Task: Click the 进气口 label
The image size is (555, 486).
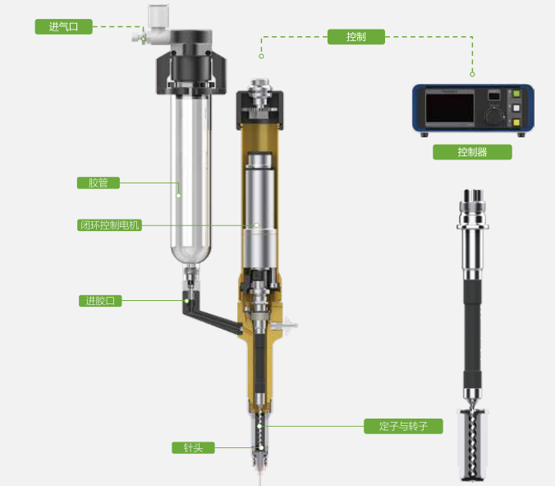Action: click(64, 26)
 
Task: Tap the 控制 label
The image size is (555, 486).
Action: click(356, 37)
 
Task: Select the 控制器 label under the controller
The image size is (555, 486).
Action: click(472, 152)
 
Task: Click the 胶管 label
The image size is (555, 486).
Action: click(99, 183)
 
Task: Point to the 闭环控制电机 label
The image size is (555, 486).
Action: click(109, 225)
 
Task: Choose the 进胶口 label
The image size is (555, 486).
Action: click(100, 301)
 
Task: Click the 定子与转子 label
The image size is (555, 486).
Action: click(403, 426)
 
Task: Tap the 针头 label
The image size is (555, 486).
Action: click(193, 447)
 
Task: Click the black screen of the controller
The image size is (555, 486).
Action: click(450, 108)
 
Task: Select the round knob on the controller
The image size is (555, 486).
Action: click(494, 116)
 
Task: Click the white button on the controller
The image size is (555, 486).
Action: click(516, 108)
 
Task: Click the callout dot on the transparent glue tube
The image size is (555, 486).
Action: click(178, 196)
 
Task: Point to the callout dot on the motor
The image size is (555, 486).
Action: click(257, 225)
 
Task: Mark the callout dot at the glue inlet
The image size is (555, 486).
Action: click(186, 301)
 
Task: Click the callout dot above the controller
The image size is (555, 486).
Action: click(472, 74)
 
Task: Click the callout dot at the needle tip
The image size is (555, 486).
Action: click(261, 447)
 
